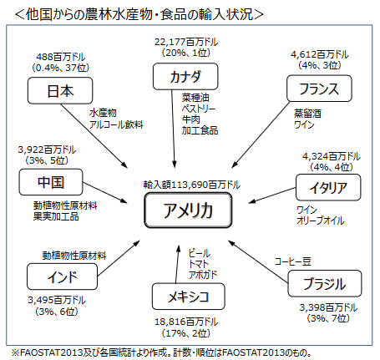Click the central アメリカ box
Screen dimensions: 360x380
tap(189, 210)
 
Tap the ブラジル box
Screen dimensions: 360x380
tap(317, 284)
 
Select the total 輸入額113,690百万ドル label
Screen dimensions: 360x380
tap(191, 184)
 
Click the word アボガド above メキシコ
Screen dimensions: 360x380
tap(204, 275)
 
